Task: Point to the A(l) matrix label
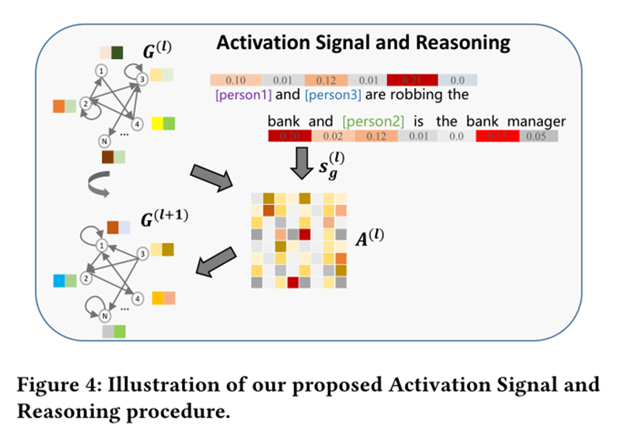click(371, 236)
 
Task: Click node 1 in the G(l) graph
click(102, 71)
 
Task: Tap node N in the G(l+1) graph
click(104, 313)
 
